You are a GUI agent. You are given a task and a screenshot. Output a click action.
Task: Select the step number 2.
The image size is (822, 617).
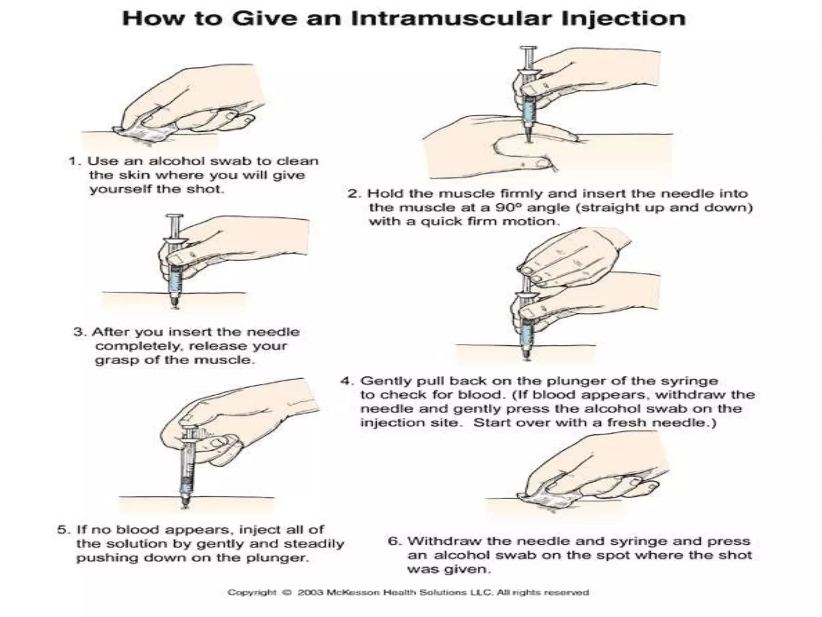[354, 194]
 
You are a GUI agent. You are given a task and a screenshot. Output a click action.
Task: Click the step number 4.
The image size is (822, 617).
[346, 381]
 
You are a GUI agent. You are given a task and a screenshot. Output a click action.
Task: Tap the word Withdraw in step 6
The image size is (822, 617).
[439, 541]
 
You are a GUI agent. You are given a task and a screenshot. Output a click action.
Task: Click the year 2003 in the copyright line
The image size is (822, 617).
[310, 592]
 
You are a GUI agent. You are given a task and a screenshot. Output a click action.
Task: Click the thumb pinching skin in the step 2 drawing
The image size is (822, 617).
[518, 149]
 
